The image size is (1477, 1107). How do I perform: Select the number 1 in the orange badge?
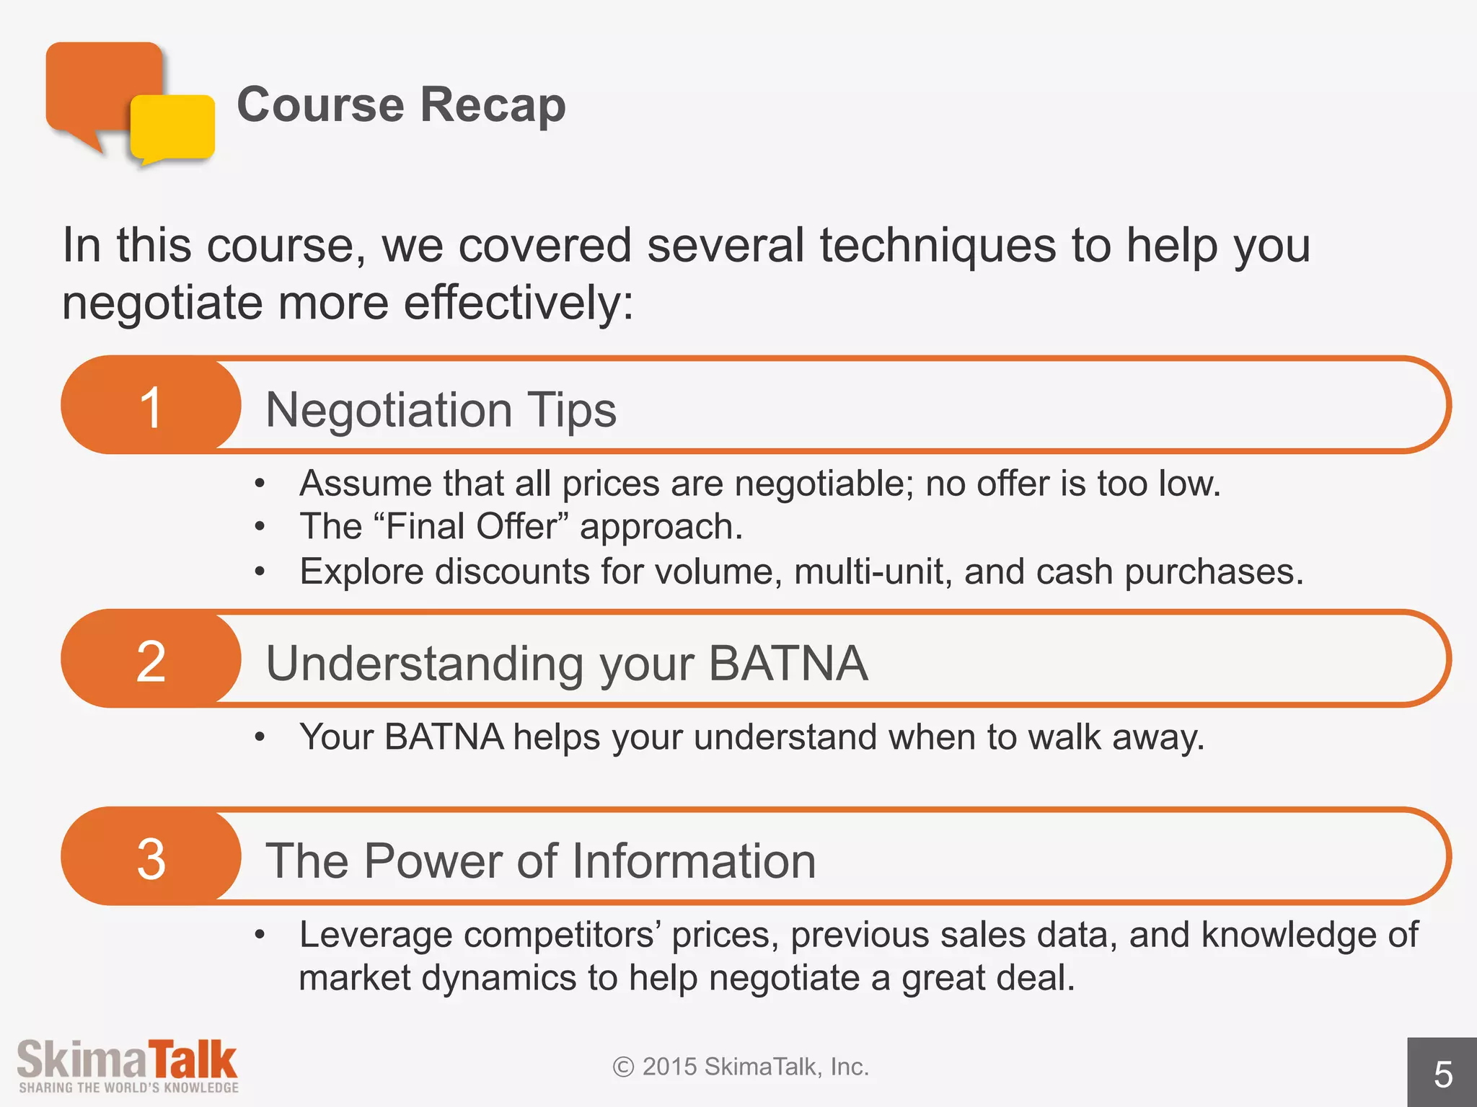tap(151, 408)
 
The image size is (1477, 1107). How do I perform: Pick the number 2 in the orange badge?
tap(151, 662)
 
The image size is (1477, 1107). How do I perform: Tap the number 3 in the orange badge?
tap(151, 859)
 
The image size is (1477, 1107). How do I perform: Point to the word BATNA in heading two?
tap(788, 663)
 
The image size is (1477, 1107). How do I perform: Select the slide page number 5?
tap(1442, 1075)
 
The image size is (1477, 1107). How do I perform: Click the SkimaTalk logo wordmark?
tap(127, 1059)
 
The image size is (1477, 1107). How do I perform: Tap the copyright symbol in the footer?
tap(623, 1067)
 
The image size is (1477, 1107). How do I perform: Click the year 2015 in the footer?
tap(669, 1067)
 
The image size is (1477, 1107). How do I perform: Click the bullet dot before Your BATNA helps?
tap(260, 737)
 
